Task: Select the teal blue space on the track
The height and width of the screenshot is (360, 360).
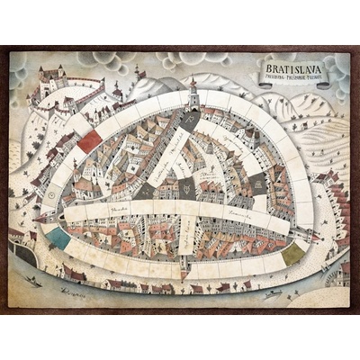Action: (58, 238)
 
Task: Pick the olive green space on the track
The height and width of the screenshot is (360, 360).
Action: (292, 254)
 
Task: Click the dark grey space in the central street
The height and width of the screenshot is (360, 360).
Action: (186, 187)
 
